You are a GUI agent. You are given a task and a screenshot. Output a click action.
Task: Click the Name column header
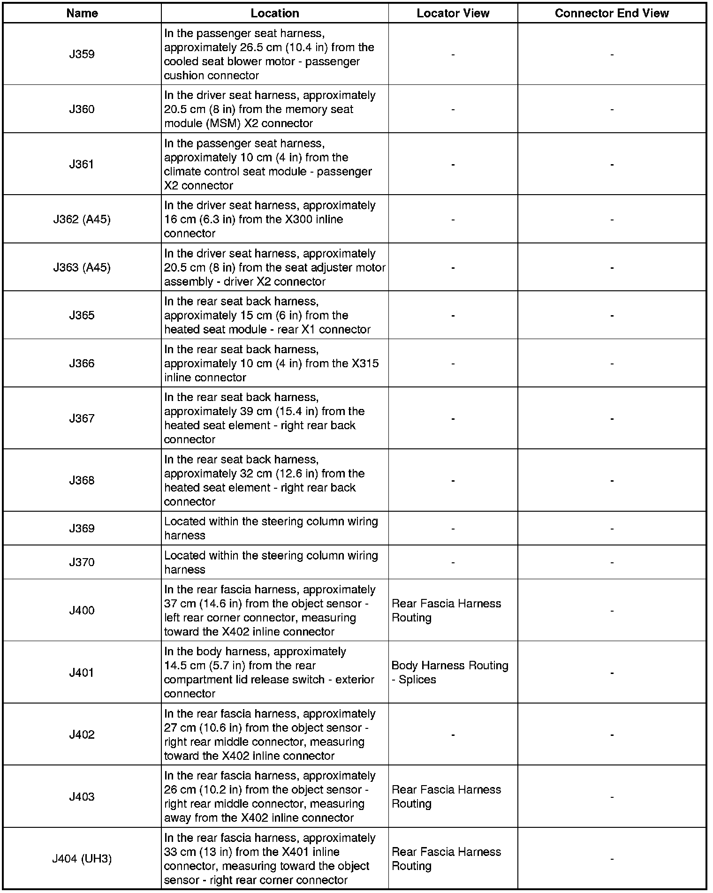[82, 13]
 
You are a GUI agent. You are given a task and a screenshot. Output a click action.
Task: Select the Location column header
[275, 13]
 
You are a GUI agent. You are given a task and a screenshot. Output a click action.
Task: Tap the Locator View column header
[453, 13]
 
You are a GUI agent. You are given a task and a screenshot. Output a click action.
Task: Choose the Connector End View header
[612, 13]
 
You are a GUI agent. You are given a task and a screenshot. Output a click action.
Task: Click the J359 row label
[82, 54]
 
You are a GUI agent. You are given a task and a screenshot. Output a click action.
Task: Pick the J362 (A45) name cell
[82, 219]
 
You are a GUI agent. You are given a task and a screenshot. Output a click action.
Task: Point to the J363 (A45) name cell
[82, 268]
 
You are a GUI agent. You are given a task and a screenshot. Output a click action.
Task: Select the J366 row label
[82, 363]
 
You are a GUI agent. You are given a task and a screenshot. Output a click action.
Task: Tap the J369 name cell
[82, 529]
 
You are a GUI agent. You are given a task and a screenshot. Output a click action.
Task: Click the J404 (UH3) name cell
[82, 859]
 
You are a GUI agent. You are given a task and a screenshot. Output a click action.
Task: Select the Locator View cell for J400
[446, 611]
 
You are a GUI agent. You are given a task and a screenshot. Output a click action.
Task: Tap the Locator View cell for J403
[446, 796]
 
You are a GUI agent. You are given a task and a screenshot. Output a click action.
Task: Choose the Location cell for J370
[271, 562]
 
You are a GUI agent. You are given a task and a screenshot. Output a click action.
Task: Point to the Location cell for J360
[270, 109]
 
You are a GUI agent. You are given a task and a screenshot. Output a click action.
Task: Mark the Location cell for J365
[267, 316]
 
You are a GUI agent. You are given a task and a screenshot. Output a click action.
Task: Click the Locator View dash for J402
[453, 735]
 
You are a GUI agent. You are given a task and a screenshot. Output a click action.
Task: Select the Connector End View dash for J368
[612, 481]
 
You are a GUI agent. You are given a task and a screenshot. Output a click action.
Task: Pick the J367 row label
[82, 418]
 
